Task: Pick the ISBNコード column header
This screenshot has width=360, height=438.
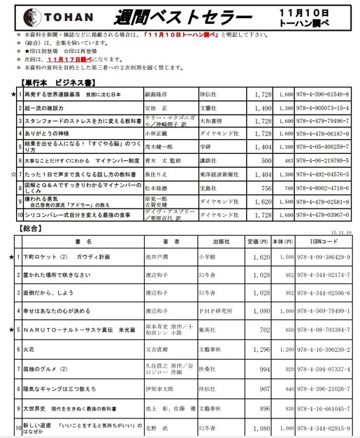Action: (x=324, y=241)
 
